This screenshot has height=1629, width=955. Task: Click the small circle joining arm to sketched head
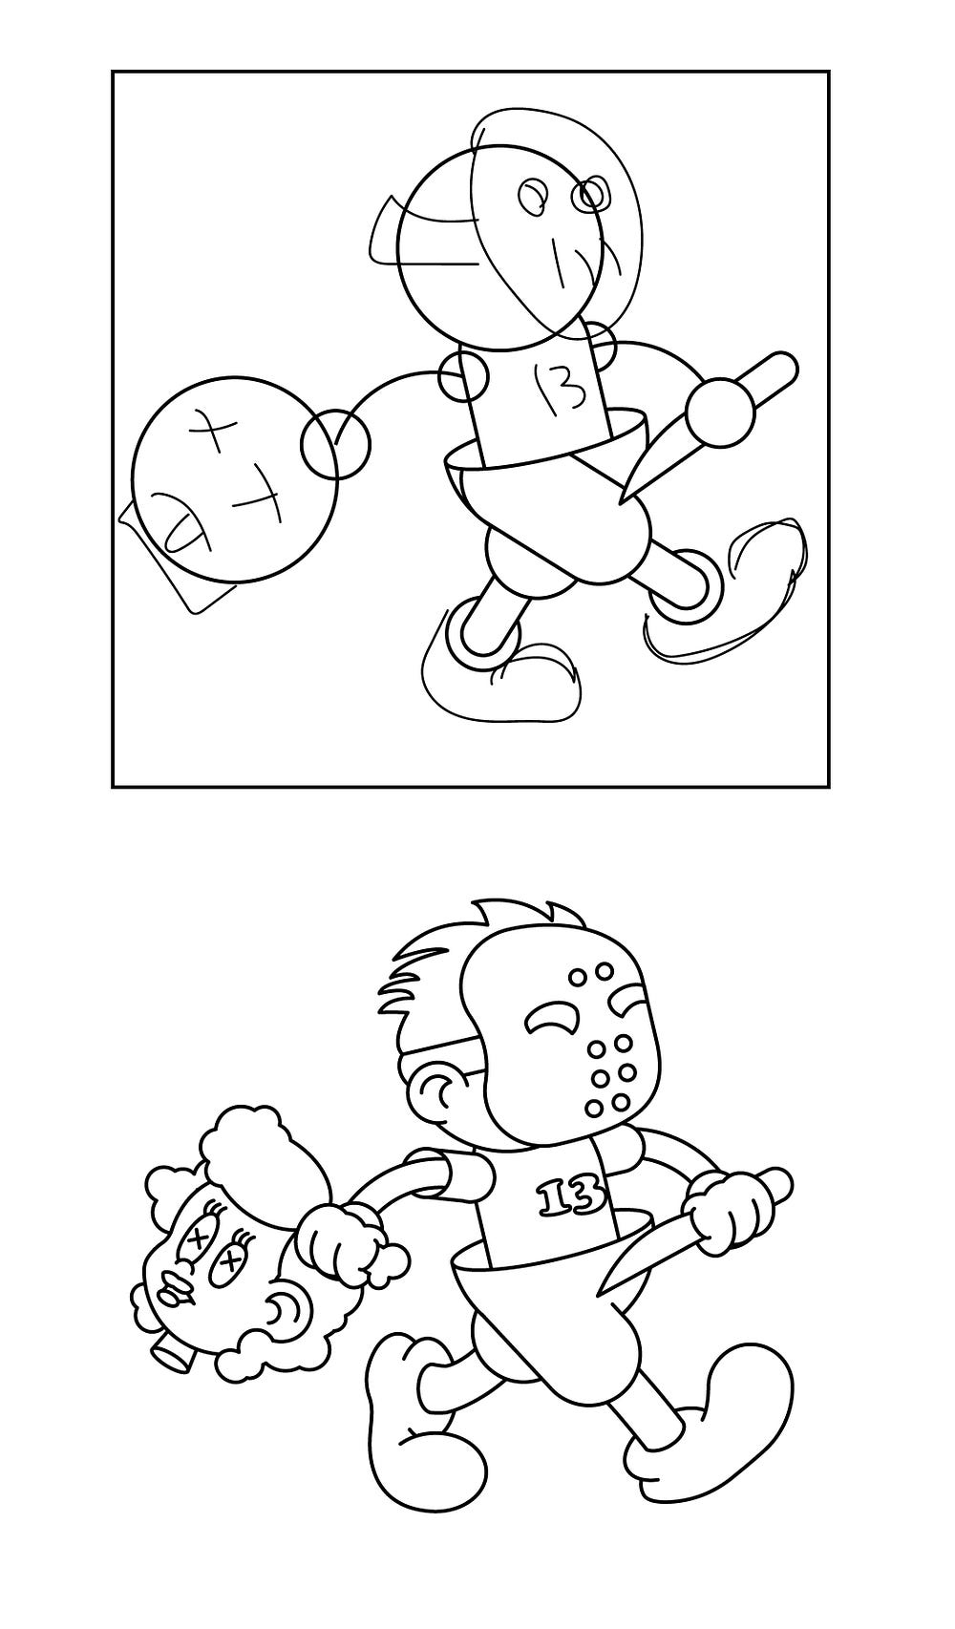[335, 445]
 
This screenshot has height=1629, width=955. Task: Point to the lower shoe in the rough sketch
[503, 679]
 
